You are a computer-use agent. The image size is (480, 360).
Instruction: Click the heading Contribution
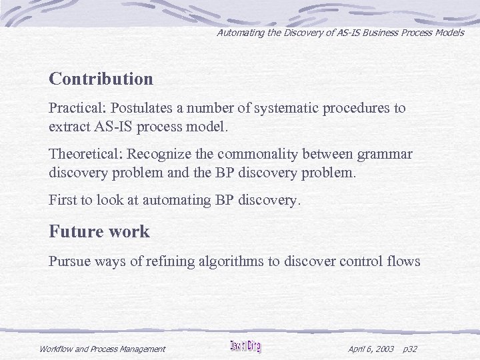(101, 79)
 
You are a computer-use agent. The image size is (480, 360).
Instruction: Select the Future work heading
(99, 232)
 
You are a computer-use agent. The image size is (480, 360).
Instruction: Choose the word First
(63, 199)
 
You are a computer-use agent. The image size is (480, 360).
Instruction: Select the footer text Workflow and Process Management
(102, 349)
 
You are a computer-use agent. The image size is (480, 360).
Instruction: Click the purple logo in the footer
(245, 346)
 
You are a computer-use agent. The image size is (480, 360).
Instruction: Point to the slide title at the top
(340, 32)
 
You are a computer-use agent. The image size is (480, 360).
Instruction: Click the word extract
(71, 125)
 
